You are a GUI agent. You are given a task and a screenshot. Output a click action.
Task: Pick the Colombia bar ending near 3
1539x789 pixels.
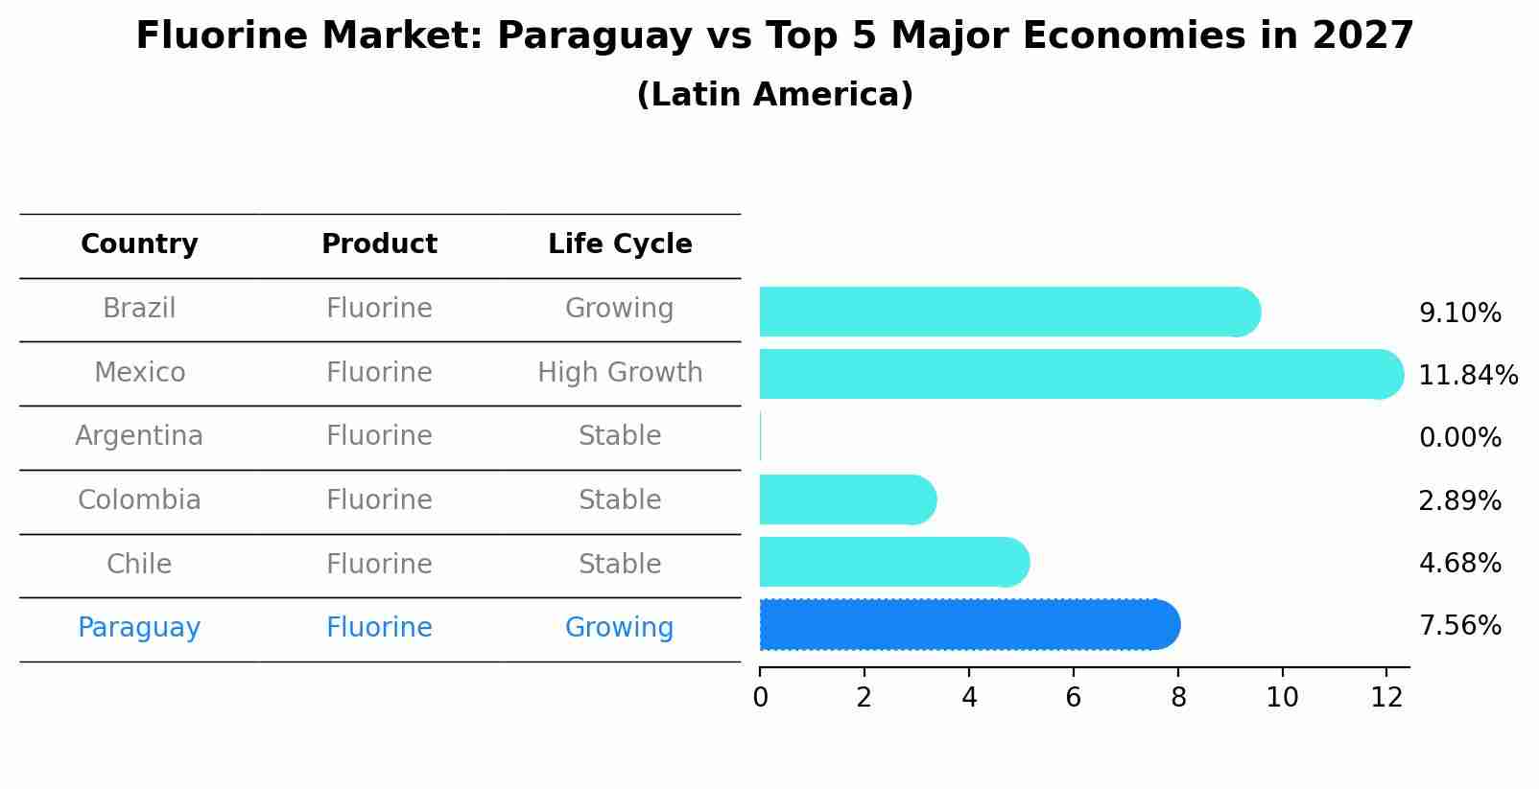click(844, 499)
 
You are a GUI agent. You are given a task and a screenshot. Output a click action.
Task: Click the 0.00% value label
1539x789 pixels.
click(1459, 438)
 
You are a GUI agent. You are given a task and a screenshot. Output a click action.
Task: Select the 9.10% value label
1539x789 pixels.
click(1459, 313)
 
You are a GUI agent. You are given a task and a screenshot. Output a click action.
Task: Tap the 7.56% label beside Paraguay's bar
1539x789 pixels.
click(1459, 626)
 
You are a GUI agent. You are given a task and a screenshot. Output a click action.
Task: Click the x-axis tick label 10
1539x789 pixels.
click(1282, 698)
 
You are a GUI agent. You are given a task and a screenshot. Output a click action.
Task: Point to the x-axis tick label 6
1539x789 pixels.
click(1073, 698)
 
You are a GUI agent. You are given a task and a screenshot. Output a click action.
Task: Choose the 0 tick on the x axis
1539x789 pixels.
click(760, 698)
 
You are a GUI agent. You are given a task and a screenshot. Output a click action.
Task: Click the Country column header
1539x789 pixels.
click(139, 244)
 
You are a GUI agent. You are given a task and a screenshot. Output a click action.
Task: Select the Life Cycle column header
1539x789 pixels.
click(620, 244)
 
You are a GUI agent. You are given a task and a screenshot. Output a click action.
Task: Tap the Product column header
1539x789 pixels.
click(379, 244)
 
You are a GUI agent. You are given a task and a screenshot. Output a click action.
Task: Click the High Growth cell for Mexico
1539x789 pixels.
click(620, 372)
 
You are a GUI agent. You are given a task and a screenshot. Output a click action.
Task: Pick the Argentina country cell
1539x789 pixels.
click(139, 436)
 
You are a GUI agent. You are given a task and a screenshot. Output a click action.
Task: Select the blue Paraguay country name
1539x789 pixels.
click(139, 628)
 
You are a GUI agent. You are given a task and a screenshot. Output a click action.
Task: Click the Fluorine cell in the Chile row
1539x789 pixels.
click(379, 564)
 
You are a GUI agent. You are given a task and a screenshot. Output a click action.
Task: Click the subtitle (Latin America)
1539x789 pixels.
click(774, 95)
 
